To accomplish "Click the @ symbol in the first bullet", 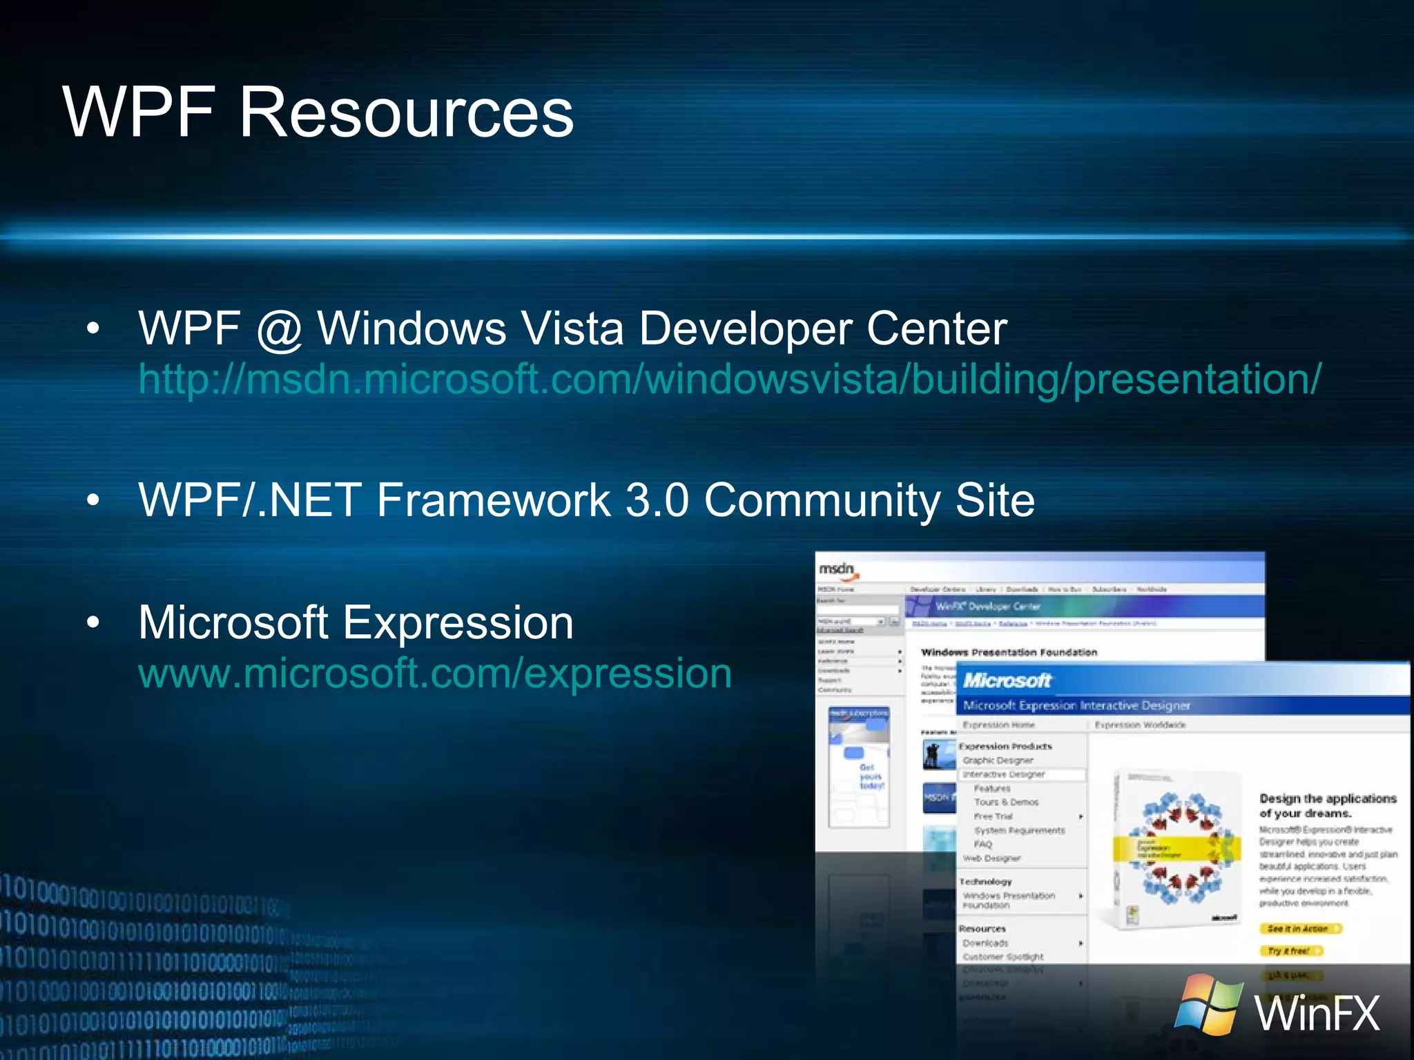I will [279, 330].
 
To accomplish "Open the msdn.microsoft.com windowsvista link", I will [729, 380].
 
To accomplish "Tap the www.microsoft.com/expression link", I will [435, 674].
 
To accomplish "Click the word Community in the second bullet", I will [822, 501].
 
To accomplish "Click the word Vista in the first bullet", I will [572, 328].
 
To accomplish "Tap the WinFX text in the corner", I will [1316, 1013].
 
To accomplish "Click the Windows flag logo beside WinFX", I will [1208, 1005].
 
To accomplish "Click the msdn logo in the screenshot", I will [836, 569].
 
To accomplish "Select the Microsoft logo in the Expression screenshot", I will [1006, 680].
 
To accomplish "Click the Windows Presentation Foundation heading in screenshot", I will [1009, 652].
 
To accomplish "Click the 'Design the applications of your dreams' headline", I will [1326, 805].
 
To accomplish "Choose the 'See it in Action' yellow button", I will [1299, 929].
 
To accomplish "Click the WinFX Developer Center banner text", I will [987, 607].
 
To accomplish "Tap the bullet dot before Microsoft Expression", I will [93, 622].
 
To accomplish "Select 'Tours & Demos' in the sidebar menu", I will [1005, 802].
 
